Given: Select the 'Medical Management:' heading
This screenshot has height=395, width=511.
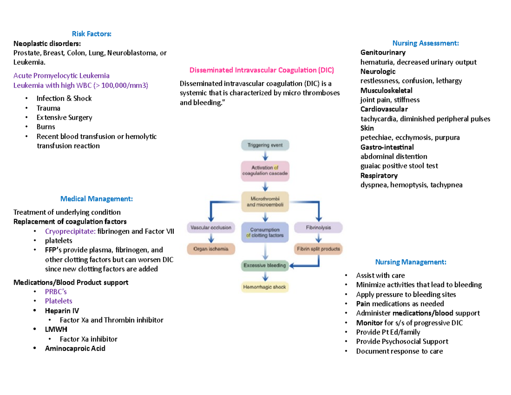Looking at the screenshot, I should [x=96, y=199].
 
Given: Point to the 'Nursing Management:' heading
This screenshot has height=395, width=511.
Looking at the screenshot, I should [x=411, y=262].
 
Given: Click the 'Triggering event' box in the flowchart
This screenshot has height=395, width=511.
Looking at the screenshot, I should [x=266, y=145].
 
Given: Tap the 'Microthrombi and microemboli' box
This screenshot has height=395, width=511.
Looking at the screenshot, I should [x=266, y=202].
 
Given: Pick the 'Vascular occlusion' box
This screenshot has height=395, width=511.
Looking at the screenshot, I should [x=211, y=228].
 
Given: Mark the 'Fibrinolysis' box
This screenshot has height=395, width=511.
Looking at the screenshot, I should [x=319, y=228].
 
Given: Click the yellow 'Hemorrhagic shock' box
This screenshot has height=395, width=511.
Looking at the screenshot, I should [x=265, y=287].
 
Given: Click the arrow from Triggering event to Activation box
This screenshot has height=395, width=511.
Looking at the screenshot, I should [x=266, y=156].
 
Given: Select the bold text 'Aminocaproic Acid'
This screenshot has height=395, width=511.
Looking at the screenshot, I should [x=75, y=349].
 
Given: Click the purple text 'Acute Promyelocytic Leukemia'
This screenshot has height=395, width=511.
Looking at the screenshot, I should [x=61, y=75].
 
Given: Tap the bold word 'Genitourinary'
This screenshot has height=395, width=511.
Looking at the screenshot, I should [x=383, y=52].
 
